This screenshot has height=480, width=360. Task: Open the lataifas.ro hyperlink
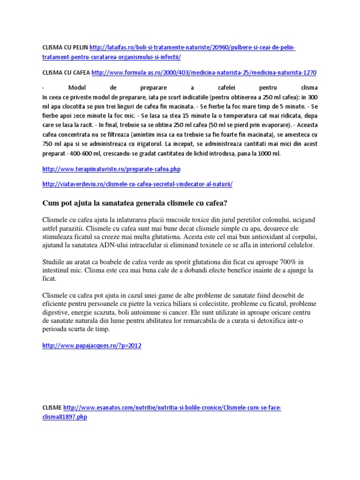tap(192, 48)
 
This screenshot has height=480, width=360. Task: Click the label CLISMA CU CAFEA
tap(66, 73)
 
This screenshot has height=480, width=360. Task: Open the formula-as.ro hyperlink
tap(204, 73)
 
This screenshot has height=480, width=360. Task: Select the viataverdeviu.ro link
tap(137, 184)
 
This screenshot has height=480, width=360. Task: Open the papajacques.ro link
tap(91, 345)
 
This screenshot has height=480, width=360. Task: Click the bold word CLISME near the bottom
tap(52, 408)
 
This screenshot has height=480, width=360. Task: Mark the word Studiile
tap(54, 261)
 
